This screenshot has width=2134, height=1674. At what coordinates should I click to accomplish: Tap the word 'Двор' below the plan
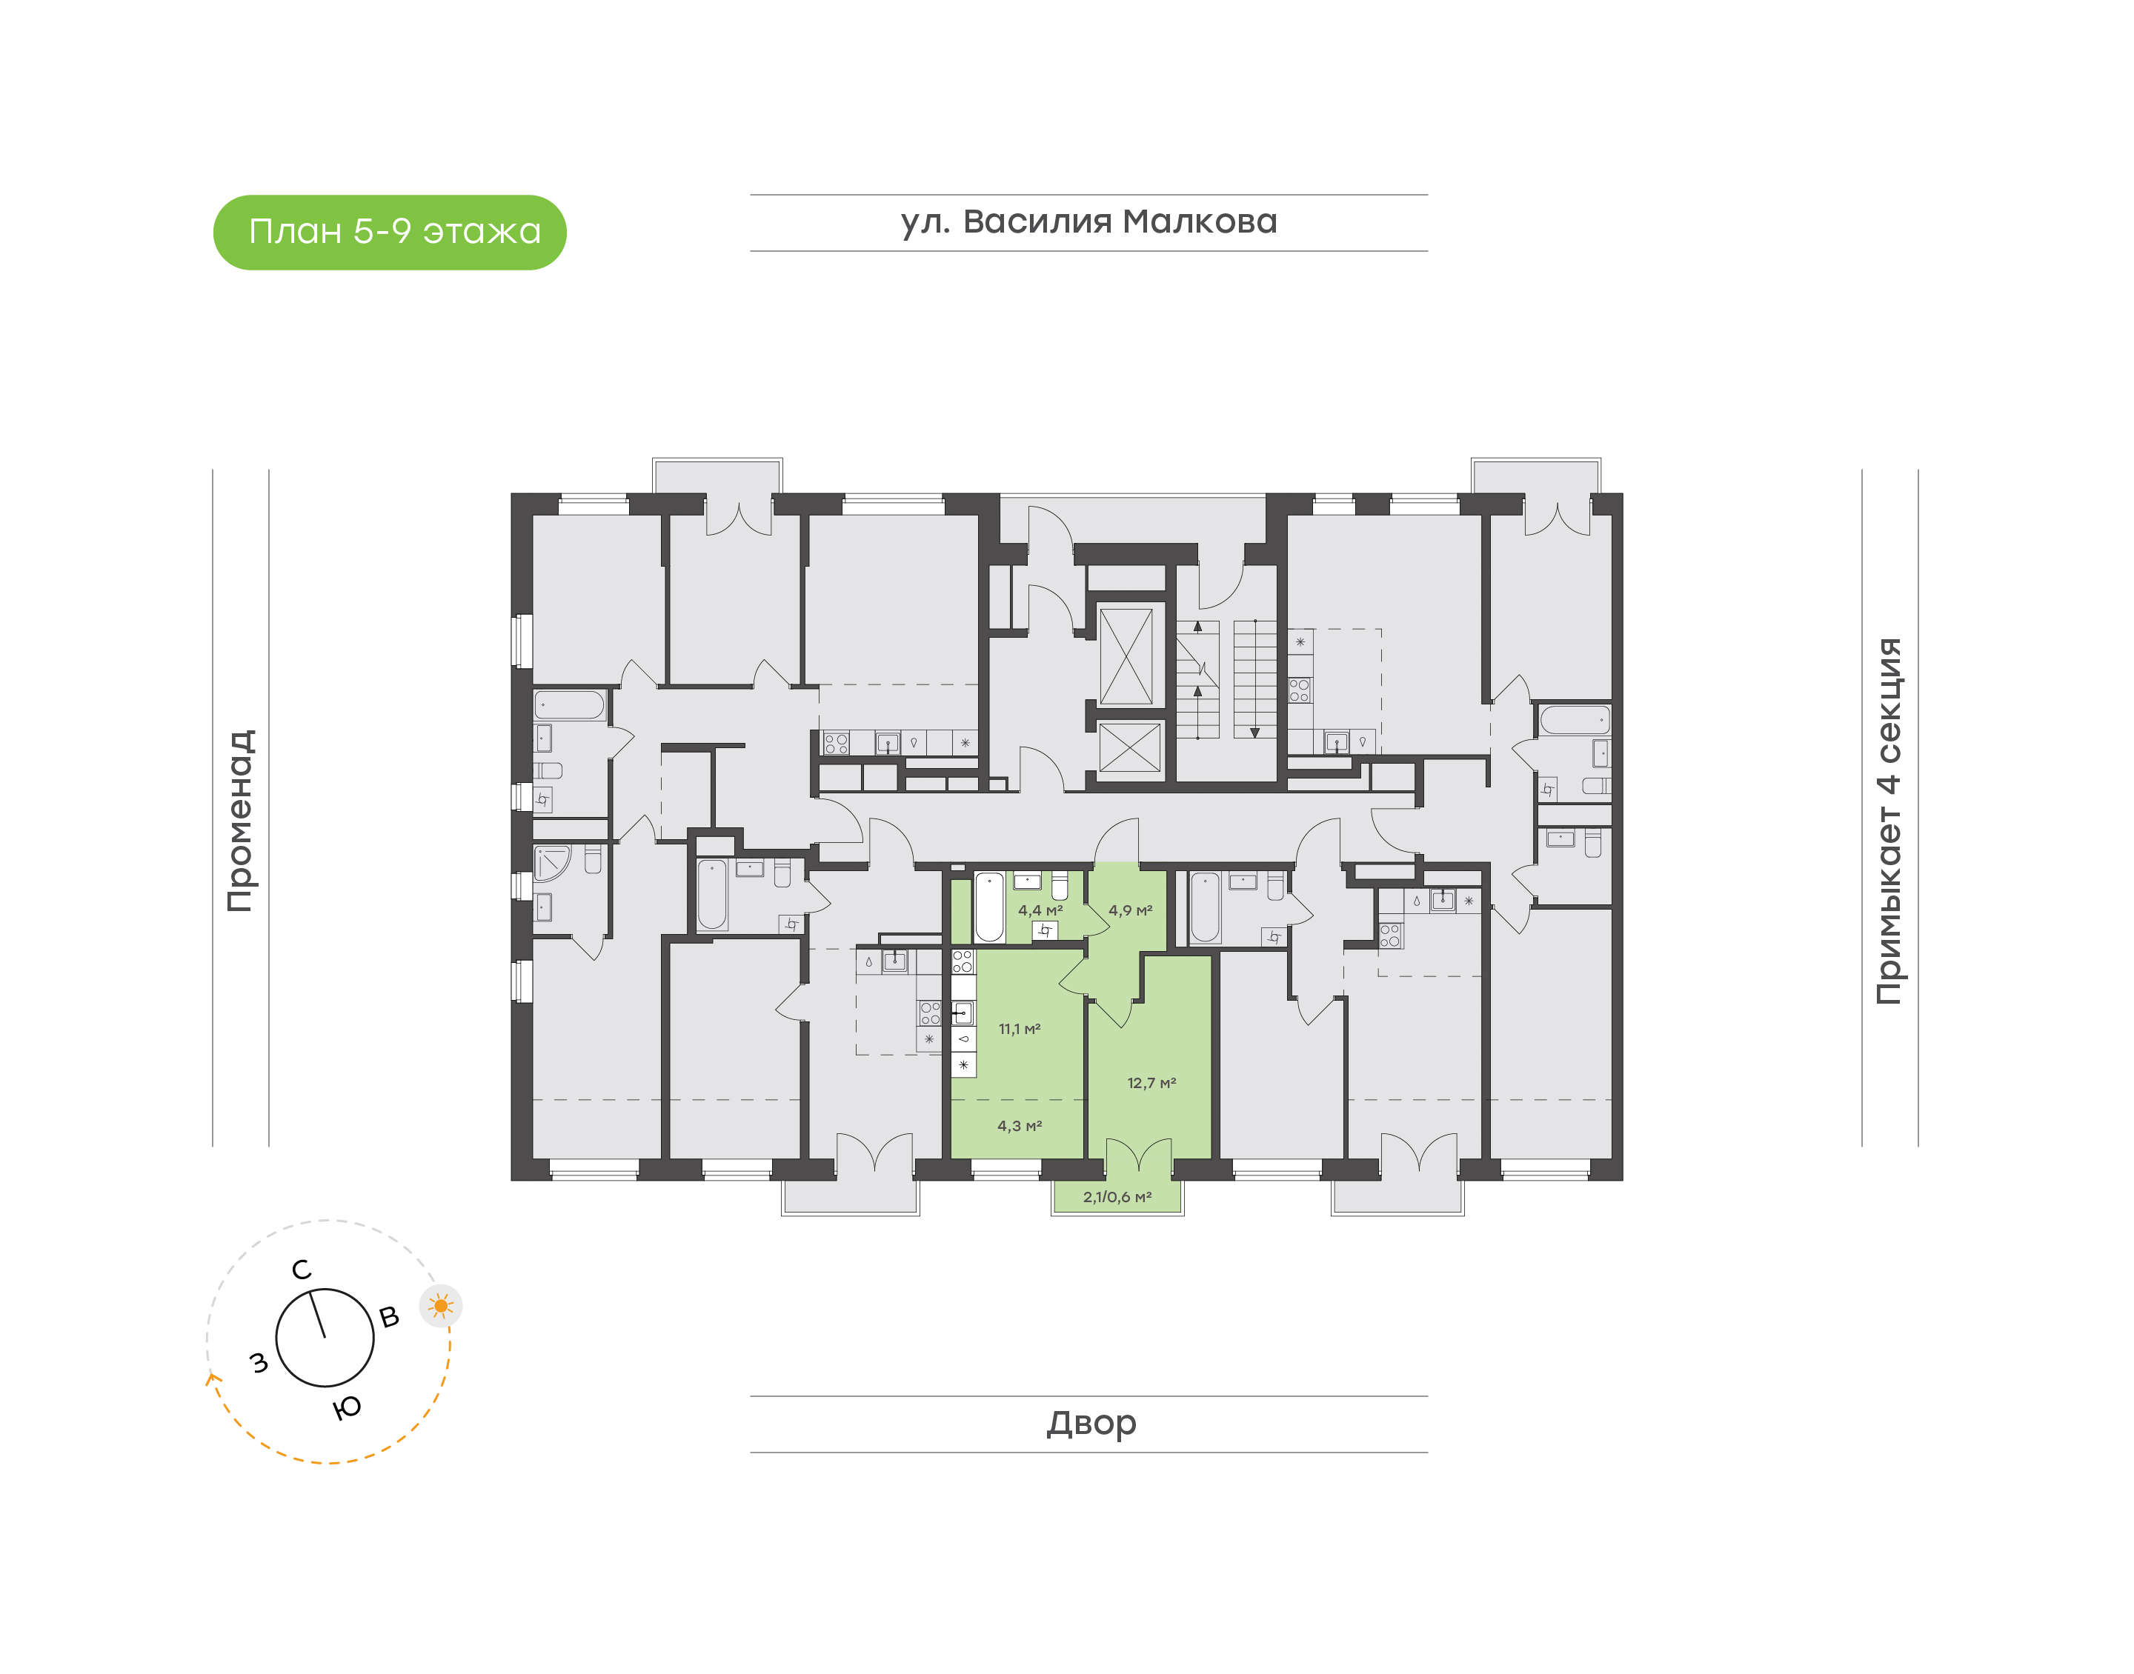coord(1091,1423)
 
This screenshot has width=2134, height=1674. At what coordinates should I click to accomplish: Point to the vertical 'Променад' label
coord(240,821)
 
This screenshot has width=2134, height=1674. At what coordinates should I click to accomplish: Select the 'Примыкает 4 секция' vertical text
coord(1888,821)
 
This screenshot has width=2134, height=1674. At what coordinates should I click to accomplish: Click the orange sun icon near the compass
coord(441,1305)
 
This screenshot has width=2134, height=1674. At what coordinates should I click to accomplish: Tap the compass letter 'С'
coord(301,1270)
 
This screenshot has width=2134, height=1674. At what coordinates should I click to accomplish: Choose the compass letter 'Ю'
coord(347,1408)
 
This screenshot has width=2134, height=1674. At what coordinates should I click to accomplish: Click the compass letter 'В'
coord(389,1317)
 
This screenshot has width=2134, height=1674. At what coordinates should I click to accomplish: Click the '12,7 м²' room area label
coord(1151,1083)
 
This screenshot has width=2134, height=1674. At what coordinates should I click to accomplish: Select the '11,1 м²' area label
coord(1020,1029)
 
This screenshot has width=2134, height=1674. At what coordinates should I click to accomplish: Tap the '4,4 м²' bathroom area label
coord(1040,910)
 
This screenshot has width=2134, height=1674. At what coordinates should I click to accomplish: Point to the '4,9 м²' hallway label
coord(1130,910)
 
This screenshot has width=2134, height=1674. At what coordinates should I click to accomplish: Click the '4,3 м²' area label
coord(1020,1126)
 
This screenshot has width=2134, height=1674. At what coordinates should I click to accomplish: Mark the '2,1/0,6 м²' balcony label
coord(1117,1197)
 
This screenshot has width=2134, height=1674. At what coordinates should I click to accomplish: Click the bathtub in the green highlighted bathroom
coord(989,907)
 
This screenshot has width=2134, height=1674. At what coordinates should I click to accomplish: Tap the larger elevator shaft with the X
coord(1126,656)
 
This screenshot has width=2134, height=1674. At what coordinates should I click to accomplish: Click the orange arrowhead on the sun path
coord(210,1379)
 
